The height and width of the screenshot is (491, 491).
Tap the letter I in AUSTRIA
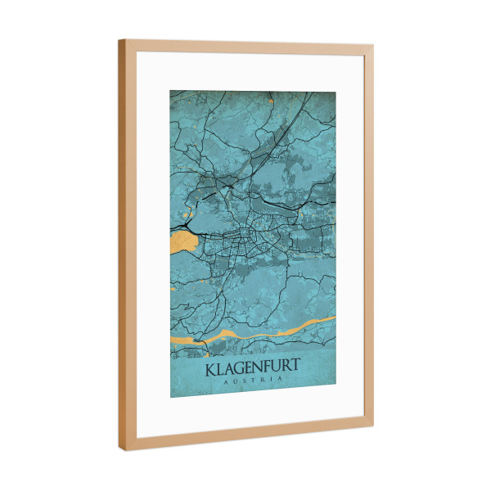(x=275, y=380)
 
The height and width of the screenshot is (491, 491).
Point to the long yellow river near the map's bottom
(x=262, y=331)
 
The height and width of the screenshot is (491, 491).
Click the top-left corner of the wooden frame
(x=120, y=41)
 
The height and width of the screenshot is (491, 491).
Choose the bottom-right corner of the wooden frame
(x=372, y=421)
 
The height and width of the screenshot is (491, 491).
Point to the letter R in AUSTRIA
(x=264, y=381)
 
